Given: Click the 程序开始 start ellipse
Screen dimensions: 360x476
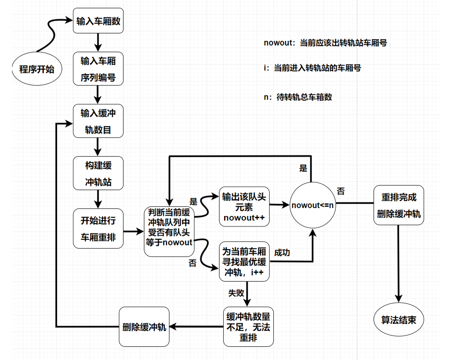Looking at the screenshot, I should (37, 69).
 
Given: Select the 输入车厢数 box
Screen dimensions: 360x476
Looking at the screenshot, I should (98, 21).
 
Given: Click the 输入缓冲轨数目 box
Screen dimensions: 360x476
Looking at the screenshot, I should (98, 121).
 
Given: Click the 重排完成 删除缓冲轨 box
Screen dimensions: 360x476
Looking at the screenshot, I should (399, 205).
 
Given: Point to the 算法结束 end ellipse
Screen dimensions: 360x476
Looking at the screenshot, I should (399, 320).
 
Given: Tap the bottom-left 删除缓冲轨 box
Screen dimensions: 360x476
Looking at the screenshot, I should (144, 327).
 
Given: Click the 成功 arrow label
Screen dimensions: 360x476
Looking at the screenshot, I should (282, 252).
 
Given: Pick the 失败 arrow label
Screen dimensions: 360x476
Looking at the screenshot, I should (236, 293).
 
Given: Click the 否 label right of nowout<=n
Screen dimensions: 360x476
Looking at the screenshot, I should (341, 192).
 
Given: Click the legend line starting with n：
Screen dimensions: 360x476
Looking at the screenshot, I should (298, 97).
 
